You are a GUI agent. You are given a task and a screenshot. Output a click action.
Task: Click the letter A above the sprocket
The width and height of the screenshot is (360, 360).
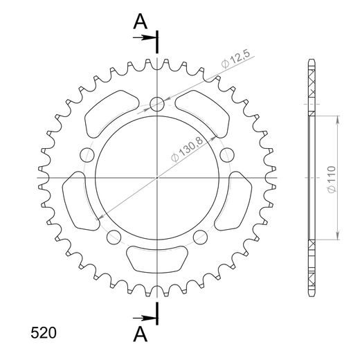click(141, 22)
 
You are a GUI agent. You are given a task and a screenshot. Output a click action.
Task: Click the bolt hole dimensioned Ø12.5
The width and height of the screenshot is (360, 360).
click(158, 105)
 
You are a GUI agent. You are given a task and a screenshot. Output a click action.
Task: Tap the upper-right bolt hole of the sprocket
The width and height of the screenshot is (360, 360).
click(228, 154)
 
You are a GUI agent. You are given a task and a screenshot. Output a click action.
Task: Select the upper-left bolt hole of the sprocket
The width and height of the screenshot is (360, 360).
click(87, 154)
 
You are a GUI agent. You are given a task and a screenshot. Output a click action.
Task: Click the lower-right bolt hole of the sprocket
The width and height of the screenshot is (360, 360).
click(201, 237)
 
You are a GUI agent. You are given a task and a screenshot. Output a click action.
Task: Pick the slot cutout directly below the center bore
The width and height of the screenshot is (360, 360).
click(158, 260)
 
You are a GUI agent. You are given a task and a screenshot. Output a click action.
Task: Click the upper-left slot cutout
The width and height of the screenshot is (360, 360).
click(107, 115)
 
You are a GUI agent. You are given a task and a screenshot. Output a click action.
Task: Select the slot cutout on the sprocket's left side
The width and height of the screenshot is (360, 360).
click(76, 201)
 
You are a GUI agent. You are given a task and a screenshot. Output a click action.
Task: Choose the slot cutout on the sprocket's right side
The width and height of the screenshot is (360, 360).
click(240, 201)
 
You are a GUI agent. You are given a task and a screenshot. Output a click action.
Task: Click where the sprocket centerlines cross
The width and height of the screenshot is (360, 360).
click(158, 178)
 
